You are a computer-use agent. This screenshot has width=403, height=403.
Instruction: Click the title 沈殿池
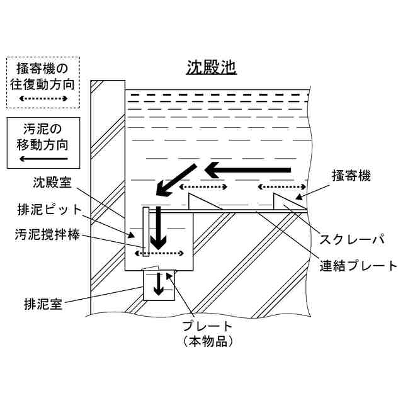[211, 67]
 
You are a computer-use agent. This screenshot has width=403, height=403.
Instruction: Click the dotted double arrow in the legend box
[43, 99]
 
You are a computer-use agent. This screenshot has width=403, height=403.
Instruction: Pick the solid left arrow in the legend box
[43, 159]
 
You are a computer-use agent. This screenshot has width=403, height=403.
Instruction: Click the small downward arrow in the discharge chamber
[159, 285]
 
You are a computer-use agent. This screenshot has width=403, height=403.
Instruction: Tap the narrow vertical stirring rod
[146, 233]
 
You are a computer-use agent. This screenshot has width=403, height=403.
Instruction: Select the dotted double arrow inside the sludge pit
[162, 254]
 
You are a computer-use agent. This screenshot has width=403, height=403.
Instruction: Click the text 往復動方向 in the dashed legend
[43, 83]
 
